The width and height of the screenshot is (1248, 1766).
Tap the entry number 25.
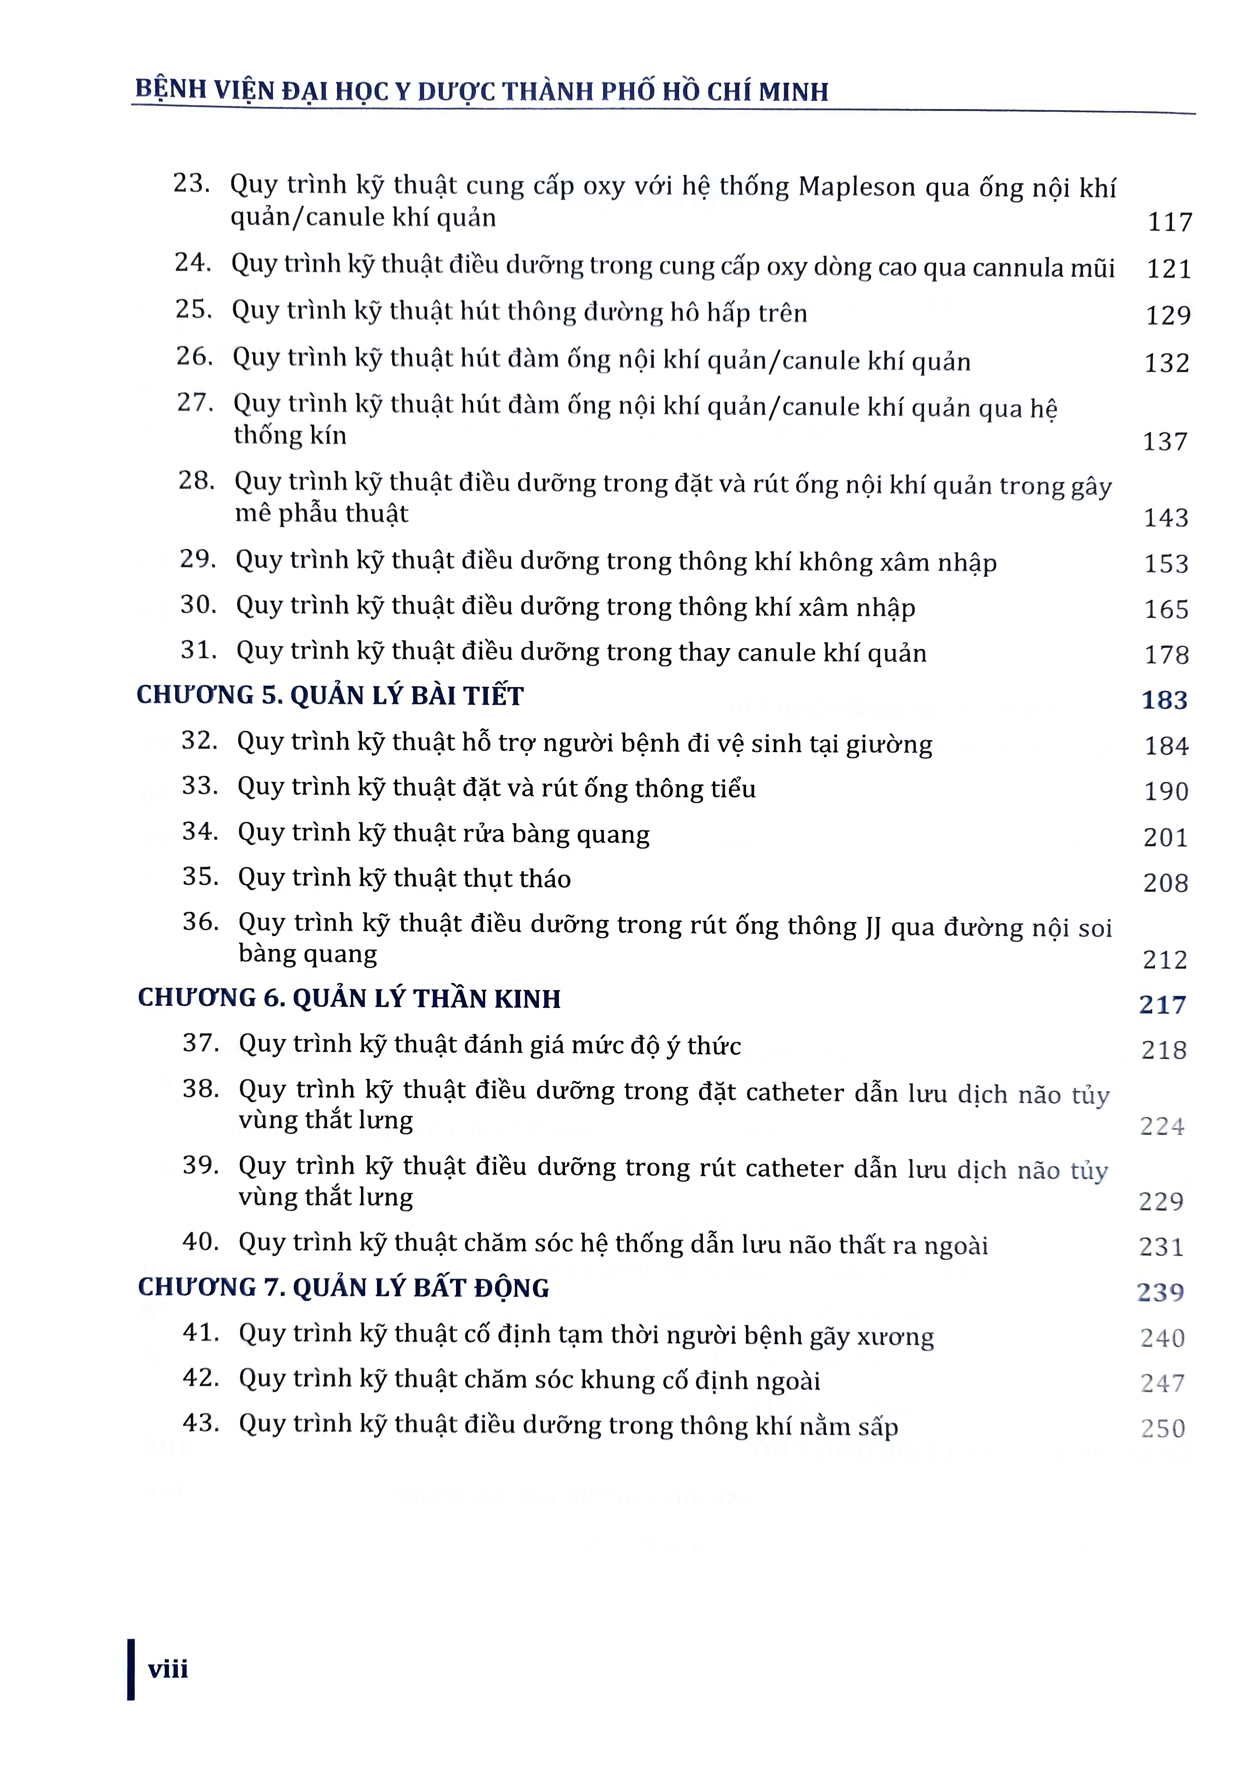193,309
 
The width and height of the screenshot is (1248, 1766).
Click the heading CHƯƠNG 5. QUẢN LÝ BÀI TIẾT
330,695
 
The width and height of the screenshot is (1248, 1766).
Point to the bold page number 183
1164,700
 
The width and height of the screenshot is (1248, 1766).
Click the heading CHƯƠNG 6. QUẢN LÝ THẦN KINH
349,998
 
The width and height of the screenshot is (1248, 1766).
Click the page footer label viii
167,1669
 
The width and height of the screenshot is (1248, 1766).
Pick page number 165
1166,609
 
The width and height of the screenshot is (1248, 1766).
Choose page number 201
1165,837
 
